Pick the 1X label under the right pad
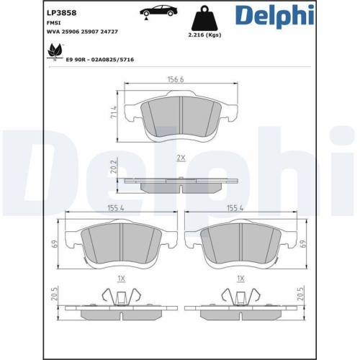[240, 278]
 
